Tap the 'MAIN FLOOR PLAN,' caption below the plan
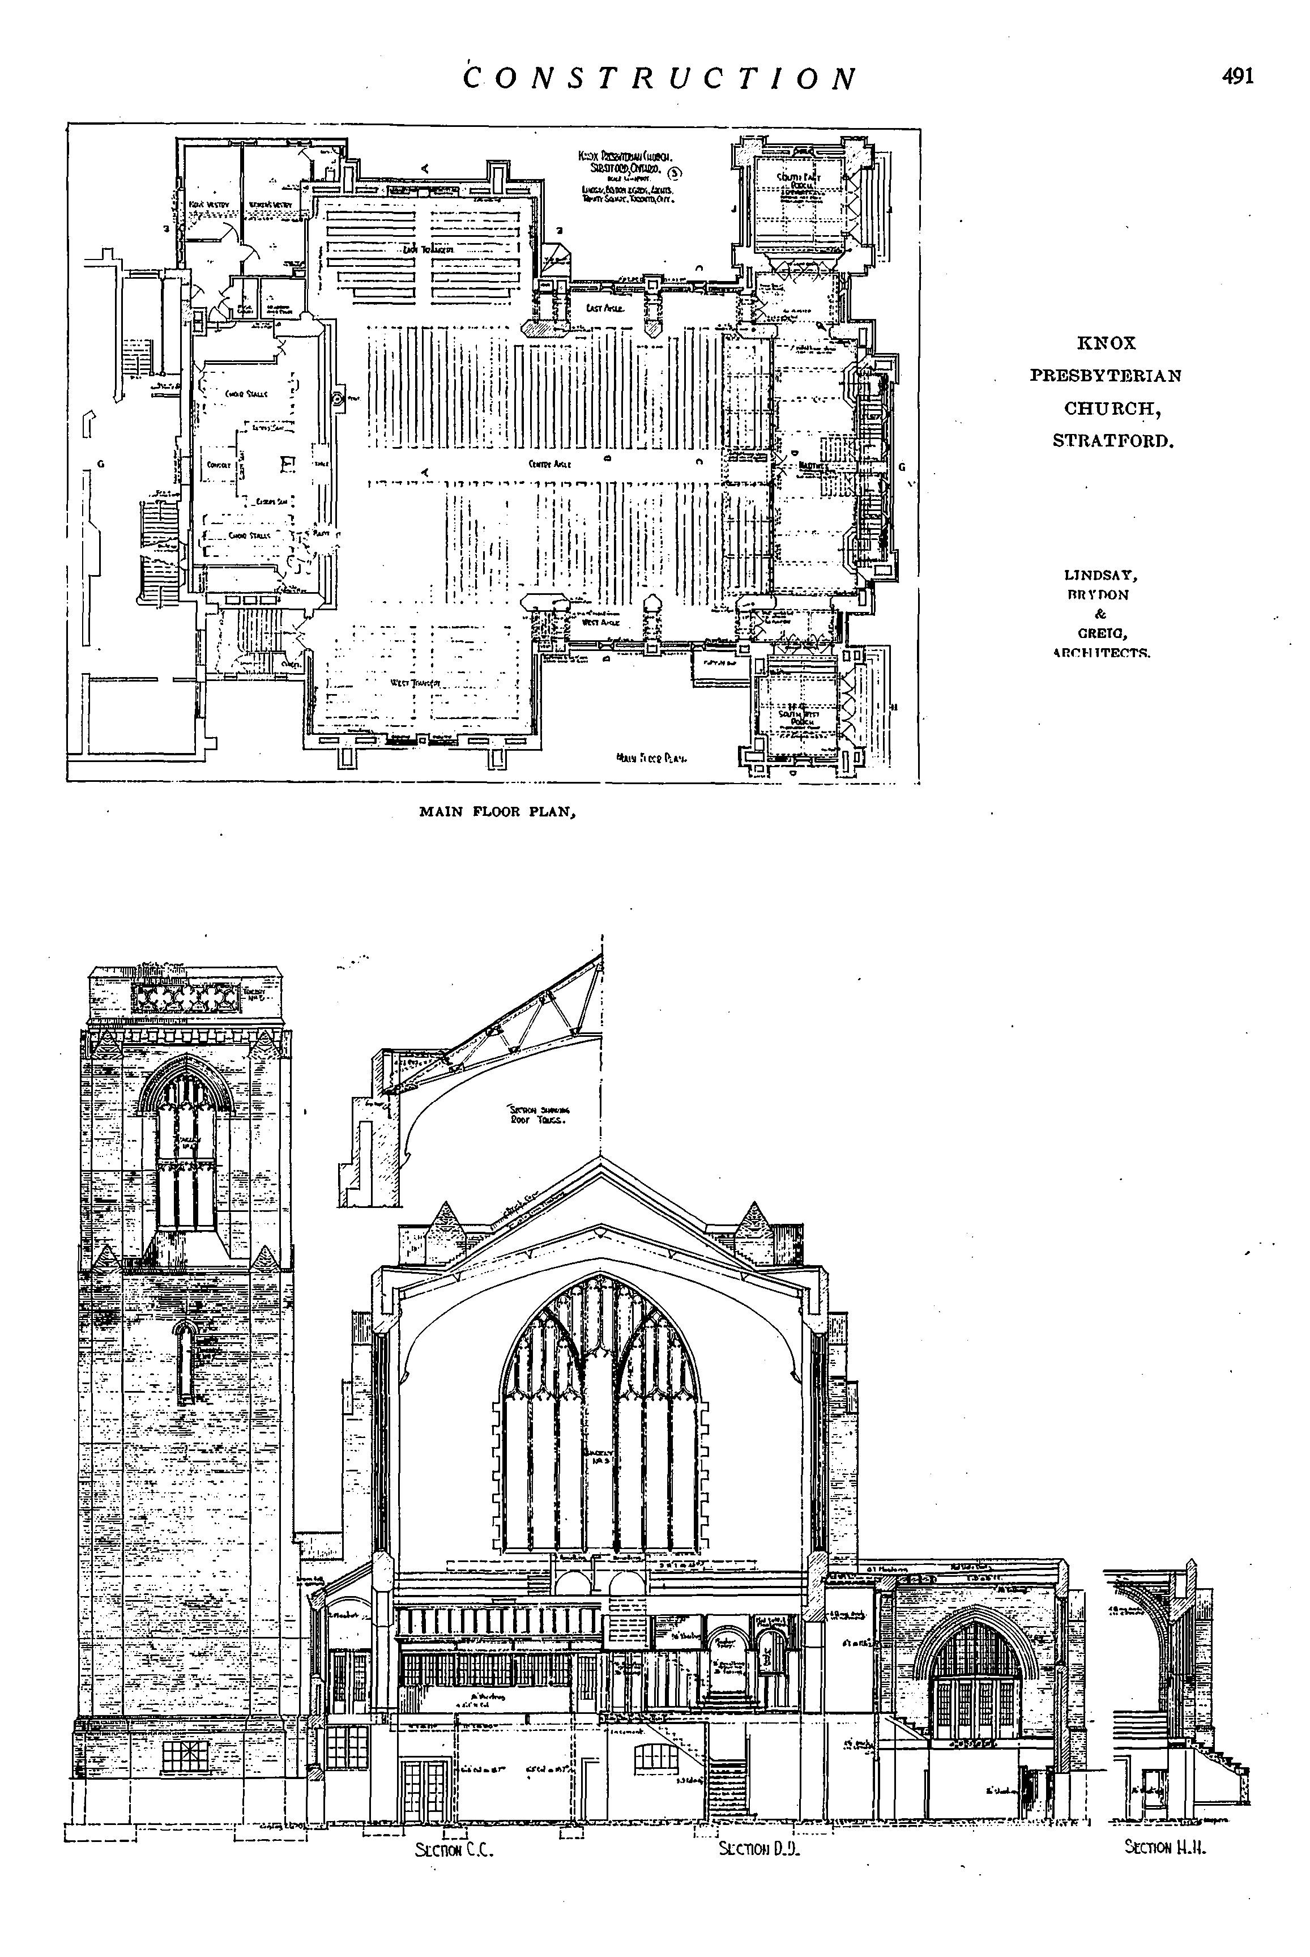(x=498, y=811)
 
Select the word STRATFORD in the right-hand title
(x=1113, y=440)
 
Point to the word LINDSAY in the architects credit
(x=1101, y=575)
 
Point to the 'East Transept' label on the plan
(x=428, y=250)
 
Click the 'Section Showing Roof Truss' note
(x=539, y=1114)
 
